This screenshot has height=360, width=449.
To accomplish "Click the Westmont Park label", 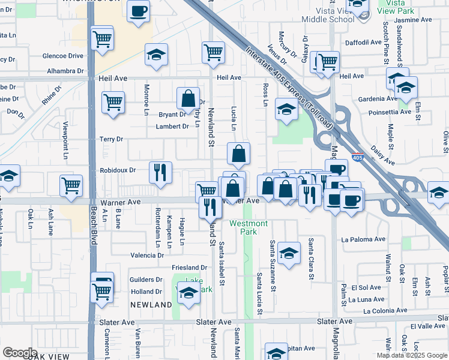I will pos(244,227).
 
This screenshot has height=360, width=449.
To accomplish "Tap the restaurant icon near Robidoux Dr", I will pos(160,172).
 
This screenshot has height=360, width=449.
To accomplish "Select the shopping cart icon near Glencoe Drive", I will pos(102,40).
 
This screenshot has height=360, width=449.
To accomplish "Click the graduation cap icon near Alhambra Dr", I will pos(156,56).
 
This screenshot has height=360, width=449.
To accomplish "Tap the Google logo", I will pos(20,353).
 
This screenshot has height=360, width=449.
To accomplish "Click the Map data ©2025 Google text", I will pos(412,355).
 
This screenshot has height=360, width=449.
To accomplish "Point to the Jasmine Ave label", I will pos(414,20).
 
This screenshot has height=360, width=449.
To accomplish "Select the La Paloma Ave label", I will pos(363,239).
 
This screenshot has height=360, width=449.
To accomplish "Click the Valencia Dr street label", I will pos(147,255).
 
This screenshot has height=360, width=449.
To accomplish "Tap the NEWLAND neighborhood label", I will pos(150,305).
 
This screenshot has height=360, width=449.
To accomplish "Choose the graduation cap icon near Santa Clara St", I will pos(289,253).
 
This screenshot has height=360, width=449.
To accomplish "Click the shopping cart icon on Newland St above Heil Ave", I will pos(213,52).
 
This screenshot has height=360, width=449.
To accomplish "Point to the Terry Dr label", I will pos(111,139).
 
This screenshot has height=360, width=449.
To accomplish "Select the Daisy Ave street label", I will pos(382,154).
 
